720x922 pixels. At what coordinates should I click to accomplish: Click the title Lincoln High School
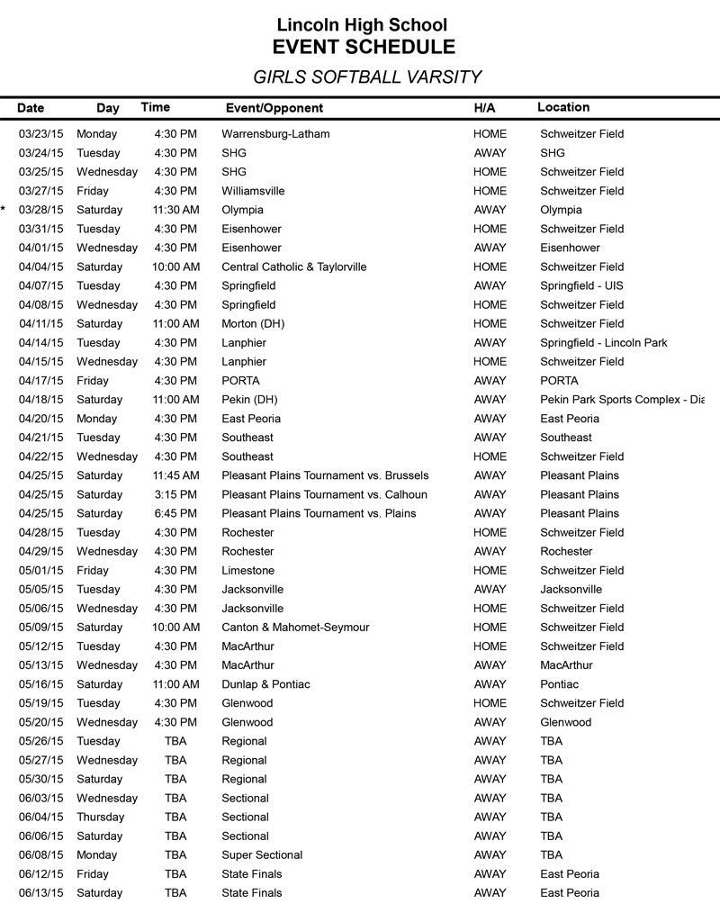coord(362,25)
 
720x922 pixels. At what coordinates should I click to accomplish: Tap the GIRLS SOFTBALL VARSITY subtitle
coord(366,77)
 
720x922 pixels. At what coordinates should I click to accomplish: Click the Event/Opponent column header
coord(274,108)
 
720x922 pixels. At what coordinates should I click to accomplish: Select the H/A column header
coord(484,108)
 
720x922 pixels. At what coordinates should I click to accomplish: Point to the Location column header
coord(563,107)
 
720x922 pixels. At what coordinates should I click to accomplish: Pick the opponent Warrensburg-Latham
coord(275,134)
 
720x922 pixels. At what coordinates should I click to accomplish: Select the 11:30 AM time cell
coord(175,210)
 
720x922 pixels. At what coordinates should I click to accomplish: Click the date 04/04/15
coord(41,267)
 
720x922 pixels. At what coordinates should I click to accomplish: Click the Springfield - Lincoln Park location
coord(603,342)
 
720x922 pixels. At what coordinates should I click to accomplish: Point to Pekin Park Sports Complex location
coord(621,399)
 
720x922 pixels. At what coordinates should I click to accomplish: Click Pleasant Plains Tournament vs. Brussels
coord(325,475)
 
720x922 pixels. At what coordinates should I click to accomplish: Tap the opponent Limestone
coord(247,570)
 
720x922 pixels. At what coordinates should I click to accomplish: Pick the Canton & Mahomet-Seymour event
coord(295,627)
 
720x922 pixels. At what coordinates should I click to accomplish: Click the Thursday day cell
coord(101,817)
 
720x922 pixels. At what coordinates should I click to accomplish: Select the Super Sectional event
coord(262,854)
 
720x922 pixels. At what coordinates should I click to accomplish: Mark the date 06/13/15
coord(41,892)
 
